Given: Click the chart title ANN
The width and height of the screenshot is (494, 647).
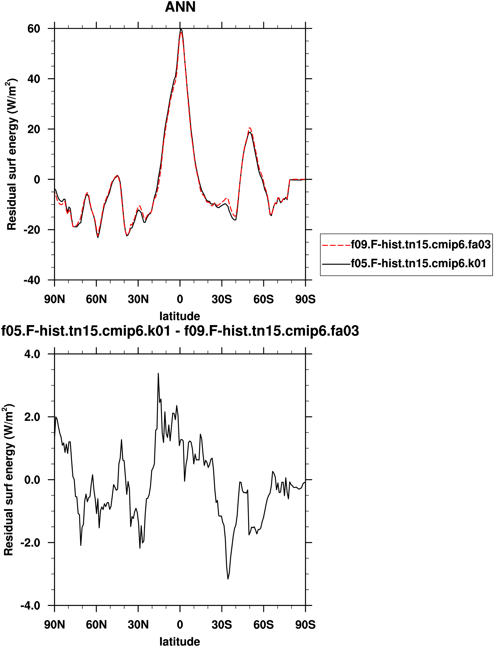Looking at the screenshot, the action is (180, 7).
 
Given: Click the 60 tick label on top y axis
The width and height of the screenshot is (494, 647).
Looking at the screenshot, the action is (33, 29).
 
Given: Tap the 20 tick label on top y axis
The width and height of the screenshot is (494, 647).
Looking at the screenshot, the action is (33, 129).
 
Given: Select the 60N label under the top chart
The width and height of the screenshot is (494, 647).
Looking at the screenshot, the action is (96, 299).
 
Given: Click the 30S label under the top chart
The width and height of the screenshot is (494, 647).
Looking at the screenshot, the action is (222, 299).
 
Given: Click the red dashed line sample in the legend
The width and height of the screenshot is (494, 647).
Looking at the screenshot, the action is (336, 245).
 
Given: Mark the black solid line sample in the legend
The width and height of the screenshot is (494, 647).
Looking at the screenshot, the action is (336, 264).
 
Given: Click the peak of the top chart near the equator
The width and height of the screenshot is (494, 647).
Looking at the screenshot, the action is (181, 29).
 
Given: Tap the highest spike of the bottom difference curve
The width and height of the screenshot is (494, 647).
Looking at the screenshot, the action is (158, 373).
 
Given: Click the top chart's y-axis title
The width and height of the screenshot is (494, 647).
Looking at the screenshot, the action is (12, 154).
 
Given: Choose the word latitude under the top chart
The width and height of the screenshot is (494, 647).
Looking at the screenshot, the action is (180, 316).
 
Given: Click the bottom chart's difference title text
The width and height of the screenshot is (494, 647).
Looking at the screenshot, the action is (180, 331).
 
